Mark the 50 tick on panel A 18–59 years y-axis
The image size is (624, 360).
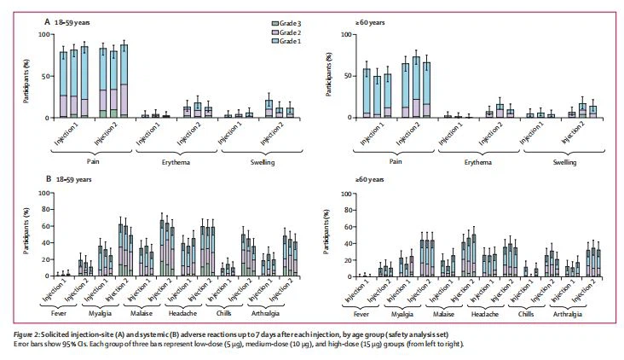click(x=48, y=76)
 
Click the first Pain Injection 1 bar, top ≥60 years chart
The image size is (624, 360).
click(x=367, y=94)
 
